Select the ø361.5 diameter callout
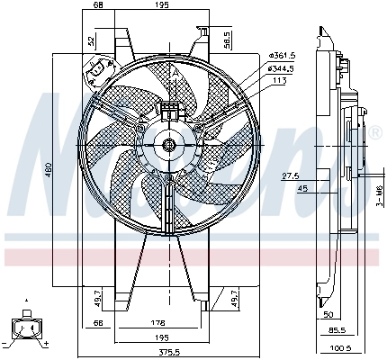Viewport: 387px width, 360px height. pos(282,56)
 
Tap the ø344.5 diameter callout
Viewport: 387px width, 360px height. pos(282,67)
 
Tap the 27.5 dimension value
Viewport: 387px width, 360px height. pos(291,175)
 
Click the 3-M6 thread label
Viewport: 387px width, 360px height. pos(380,194)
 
